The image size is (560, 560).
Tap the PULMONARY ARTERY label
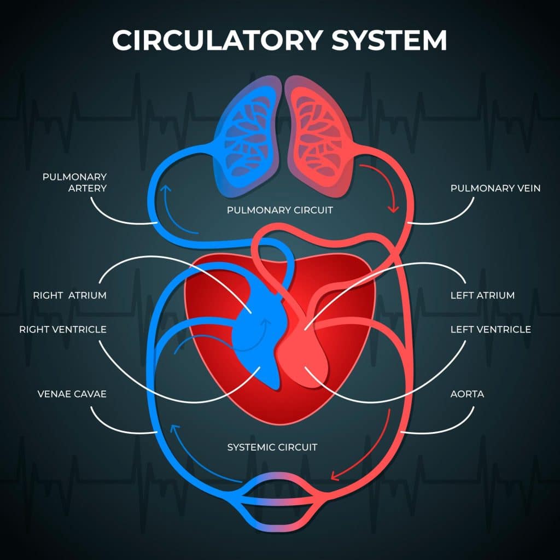pos(74,183)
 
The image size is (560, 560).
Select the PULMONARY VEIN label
pos(495,188)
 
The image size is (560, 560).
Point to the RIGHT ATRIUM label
pos(69,295)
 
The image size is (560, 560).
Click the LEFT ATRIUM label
pos(482,295)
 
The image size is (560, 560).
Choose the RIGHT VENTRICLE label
pos(63,330)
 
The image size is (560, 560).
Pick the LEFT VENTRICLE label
pos(491,330)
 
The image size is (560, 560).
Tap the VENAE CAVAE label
pos(72,394)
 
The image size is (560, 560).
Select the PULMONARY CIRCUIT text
pos(280,210)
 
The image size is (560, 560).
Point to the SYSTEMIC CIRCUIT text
pos(272,447)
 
